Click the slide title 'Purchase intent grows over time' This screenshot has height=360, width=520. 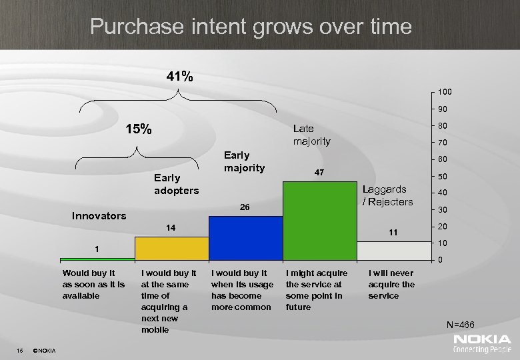coord(251,27)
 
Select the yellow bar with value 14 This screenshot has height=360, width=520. coord(171,248)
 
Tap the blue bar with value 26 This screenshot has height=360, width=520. coord(245,237)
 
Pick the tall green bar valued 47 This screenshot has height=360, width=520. coord(319,220)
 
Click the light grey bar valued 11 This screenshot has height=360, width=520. coord(394,250)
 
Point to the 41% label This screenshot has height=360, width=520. coord(180,77)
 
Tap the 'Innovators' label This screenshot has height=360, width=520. coord(99,215)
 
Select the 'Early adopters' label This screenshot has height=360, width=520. coord(176,185)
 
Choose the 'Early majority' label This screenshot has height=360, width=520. coord(244,161)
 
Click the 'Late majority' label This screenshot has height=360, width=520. coord(312,135)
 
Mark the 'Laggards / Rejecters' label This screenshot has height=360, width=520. coord(388,195)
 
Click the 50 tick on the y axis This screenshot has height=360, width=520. coord(441,176)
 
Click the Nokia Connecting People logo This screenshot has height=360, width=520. coord(482,344)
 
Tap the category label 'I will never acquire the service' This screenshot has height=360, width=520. coord(391,284)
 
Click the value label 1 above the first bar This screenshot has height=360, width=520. coord(97,249)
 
